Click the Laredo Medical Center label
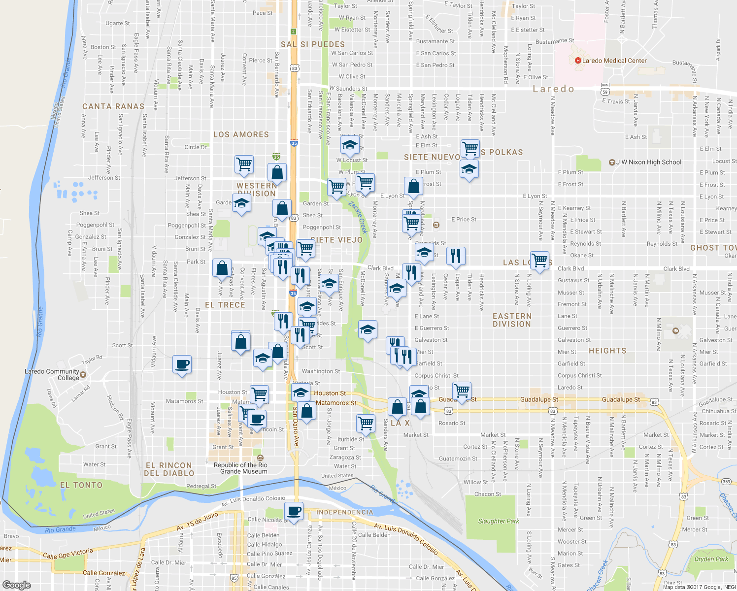click(614, 61)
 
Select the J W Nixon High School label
click(648, 162)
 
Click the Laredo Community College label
click(52, 374)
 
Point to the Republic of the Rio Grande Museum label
click(240, 468)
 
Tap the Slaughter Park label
click(499, 521)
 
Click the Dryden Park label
click(711, 559)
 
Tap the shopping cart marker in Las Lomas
click(540, 260)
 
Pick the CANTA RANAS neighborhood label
click(113, 106)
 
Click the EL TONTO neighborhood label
click(81, 485)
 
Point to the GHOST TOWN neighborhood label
click(713, 248)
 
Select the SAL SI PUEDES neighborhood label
click(313, 44)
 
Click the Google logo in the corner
click(17, 585)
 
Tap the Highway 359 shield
click(726, 481)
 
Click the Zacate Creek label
click(358, 217)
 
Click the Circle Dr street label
click(196, 147)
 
